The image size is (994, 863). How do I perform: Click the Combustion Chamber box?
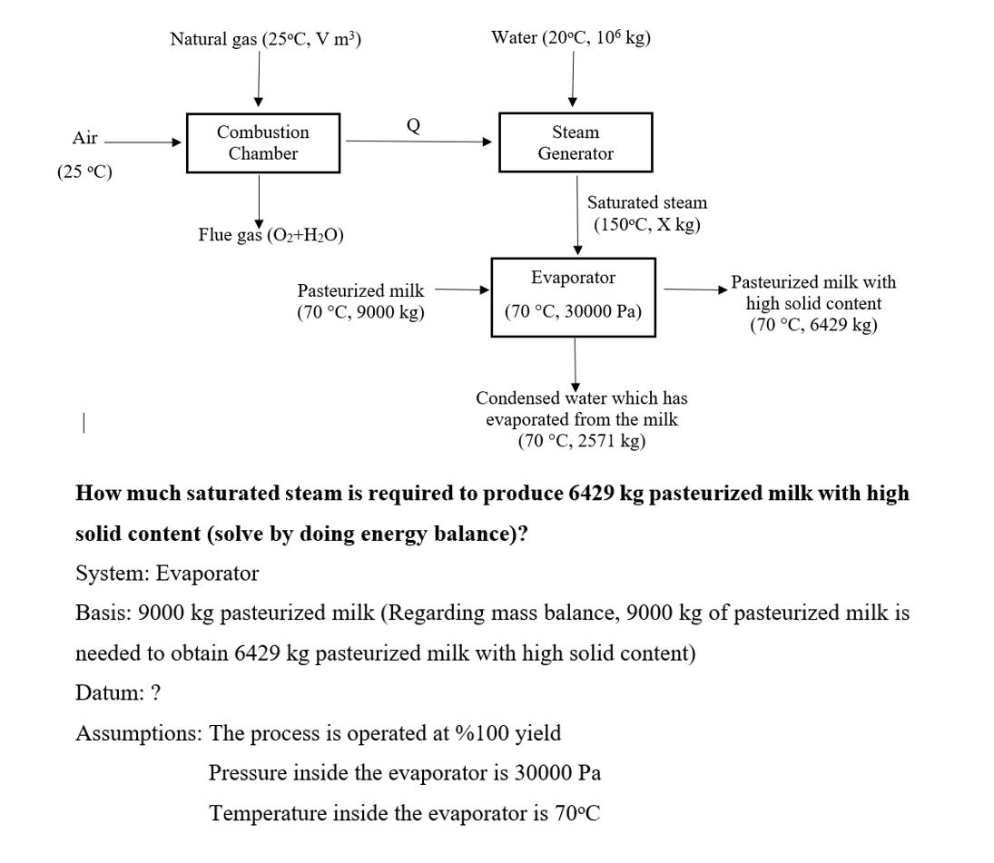263,142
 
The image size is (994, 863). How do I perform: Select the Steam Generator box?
575,142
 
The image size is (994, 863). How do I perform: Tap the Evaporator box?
573,297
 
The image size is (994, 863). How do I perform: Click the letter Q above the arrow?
413,124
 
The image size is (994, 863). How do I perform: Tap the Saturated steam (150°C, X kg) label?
646,213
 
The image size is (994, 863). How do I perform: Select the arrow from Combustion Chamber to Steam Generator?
418,142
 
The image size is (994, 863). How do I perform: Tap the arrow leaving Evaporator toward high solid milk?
695,289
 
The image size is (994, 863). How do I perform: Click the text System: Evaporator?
166,574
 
